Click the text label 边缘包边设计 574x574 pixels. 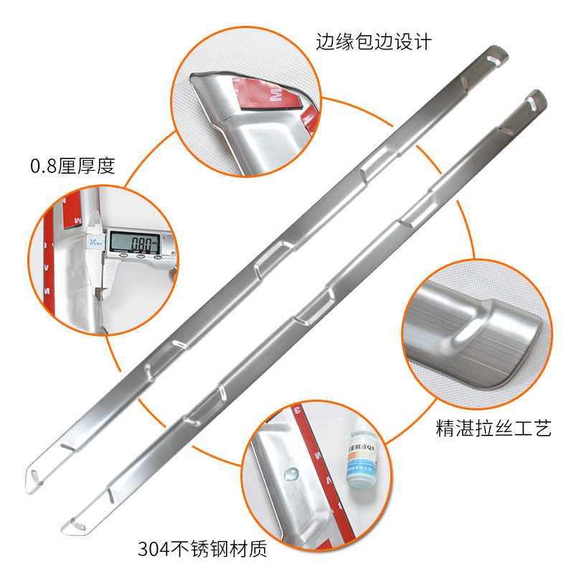(373, 42)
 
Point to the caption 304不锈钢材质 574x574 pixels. (202, 550)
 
